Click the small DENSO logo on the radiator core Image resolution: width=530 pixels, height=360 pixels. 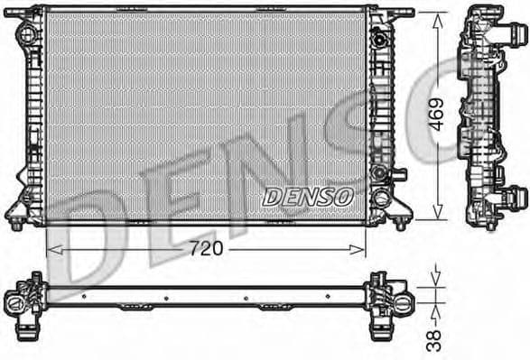pyautogui.click(x=308, y=195)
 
